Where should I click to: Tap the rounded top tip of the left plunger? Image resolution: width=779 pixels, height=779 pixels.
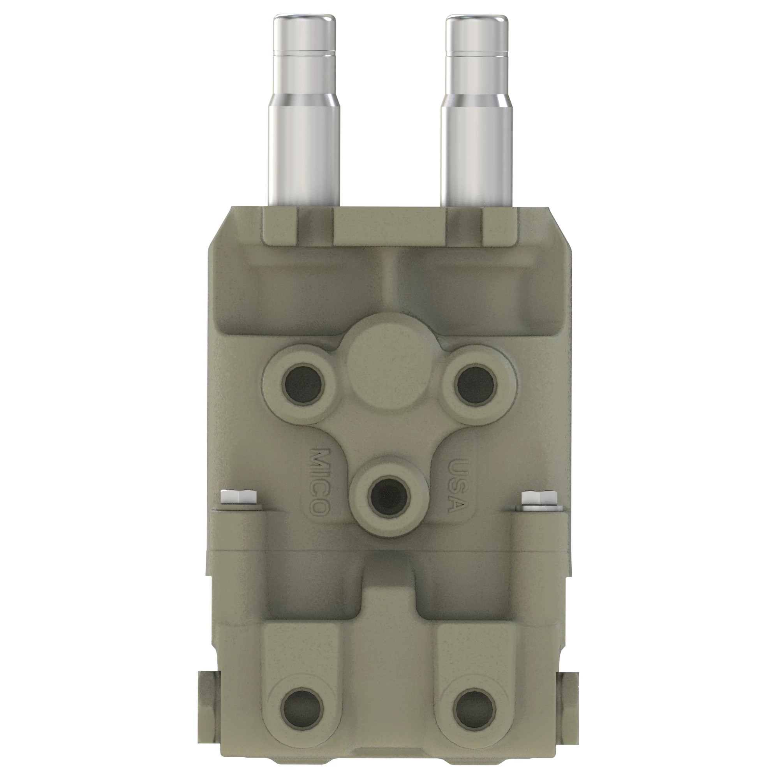coord(305,20)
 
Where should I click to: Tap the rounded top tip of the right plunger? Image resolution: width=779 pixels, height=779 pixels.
coord(477,20)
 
